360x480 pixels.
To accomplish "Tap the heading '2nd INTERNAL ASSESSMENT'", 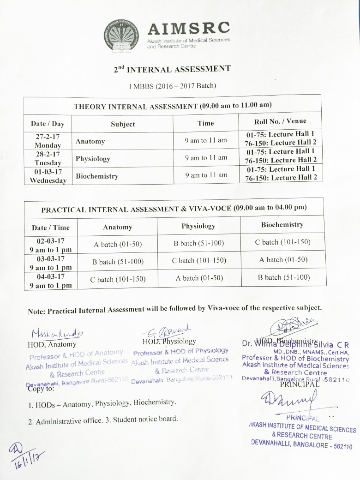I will pyautogui.click(x=172, y=70).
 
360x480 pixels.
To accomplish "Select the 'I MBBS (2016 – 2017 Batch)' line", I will pyautogui.click(x=172, y=85).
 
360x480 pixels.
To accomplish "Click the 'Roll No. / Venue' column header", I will pyautogui.click(x=280, y=122).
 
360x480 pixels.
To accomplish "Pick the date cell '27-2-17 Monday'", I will pyautogui.click(x=48, y=141).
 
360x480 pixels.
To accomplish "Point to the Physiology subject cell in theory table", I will pyautogui.click(x=93, y=159).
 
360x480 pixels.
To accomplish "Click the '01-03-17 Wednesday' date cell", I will pyautogui.click(x=48, y=176).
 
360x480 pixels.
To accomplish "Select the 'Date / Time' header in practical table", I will pyautogui.click(x=50, y=228).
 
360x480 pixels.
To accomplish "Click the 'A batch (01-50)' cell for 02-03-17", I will pyautogui.click(x=117, y=244).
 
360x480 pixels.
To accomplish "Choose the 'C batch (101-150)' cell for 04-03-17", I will pyautogui.click(x=118, y=279).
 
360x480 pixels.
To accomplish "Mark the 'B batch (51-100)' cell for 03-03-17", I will pyautogui.click(x=118, y=262).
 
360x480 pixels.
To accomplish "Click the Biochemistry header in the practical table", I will pyautogui.click(x=282, y=225).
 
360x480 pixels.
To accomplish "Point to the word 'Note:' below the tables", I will pyautogui.click(x=37, y=312).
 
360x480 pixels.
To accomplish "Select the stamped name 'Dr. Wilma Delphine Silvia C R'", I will pyautogui.click(x=295, y=344).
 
